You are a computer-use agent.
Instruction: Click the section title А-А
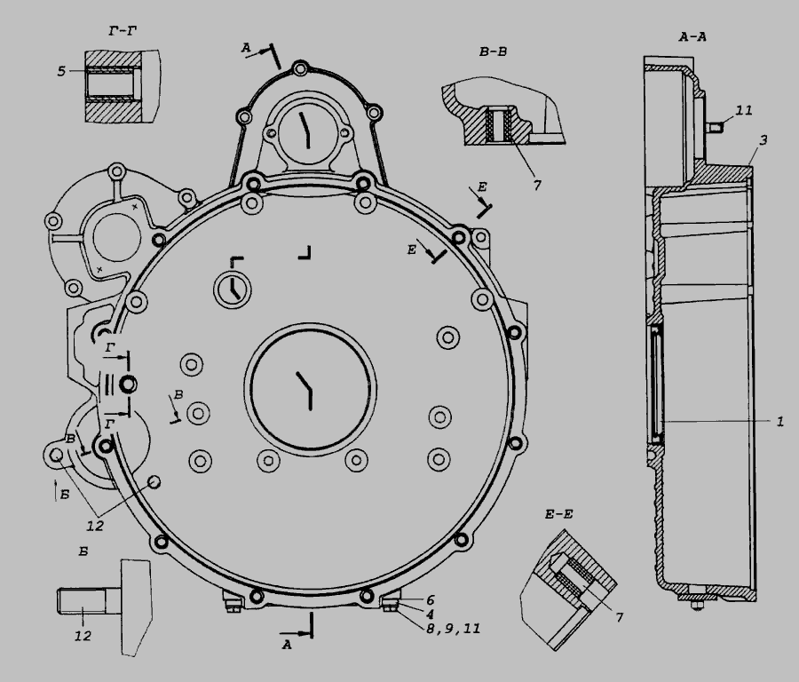click(692, 36)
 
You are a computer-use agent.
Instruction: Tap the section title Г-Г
click(123, 31)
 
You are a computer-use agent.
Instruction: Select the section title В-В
click(493, 52)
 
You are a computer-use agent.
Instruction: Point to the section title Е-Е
click(559, 514)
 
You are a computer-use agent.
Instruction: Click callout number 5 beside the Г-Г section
click(61, 71)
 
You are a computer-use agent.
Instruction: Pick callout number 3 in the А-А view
click(763, 139)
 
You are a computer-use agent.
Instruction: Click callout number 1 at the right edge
click(779, 422)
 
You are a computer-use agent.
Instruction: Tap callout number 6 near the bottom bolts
click(430, 600)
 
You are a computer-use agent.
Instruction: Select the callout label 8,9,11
click(453, 629)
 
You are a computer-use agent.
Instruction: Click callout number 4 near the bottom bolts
click(430, 615)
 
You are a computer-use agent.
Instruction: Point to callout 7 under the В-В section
click(537, 186)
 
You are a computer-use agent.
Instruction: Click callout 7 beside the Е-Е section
click(619, 617)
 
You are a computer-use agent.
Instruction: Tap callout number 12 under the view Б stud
click(83, 636)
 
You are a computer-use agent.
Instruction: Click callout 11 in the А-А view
click(744, 110)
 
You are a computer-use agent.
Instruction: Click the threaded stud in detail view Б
click(89, 601)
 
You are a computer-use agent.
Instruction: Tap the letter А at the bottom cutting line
click(287, 645)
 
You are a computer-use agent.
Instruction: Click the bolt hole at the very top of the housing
click(301, 67)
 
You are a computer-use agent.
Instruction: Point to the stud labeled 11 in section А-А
click(715, 127)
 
